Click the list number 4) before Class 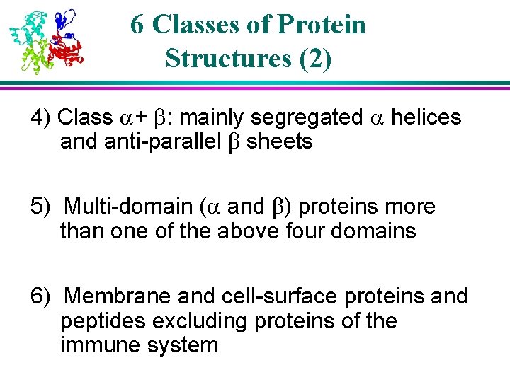pos(41,117)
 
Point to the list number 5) pos(41,207)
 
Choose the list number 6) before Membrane pos(41,296)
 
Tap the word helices pos(426,117)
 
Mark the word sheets pos(279,141)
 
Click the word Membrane pos(118,296)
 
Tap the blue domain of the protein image pos(66,20)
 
